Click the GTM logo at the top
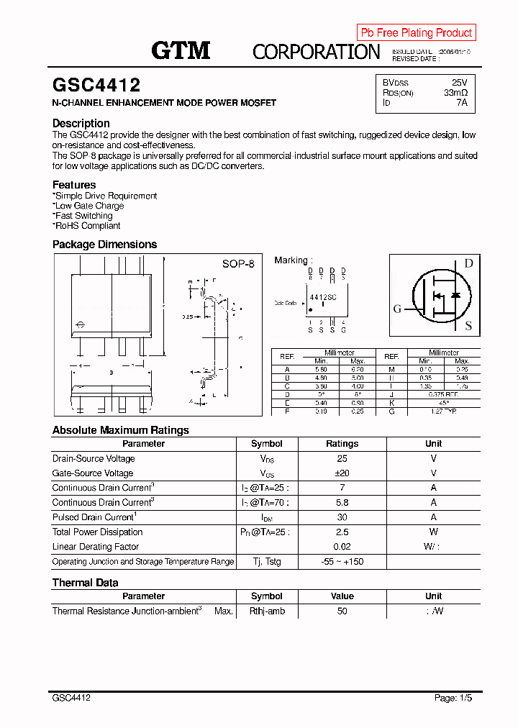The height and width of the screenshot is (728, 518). coord(181,50)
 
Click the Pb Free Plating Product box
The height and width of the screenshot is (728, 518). coord(416,32)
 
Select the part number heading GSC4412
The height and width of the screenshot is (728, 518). coord(96,86)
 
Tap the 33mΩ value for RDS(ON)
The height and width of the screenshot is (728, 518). coord(455,93)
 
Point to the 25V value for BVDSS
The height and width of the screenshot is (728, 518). coord(459,83)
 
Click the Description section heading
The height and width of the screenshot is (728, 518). coord(81,123)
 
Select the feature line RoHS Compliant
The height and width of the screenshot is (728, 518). coord(87,226)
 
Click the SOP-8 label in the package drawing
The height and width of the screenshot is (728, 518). coord(238,264)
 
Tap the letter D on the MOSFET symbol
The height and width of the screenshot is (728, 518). coord(468,263)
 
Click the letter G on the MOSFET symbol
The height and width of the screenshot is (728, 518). coord(397,309)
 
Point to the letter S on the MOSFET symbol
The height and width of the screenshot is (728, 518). coord(468,326)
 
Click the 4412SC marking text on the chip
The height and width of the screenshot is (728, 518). coord(323,296)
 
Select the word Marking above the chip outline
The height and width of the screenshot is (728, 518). coord(291,260)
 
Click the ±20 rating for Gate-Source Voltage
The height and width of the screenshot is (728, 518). coord(342,473)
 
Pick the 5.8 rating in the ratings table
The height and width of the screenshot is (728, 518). coord(342,503)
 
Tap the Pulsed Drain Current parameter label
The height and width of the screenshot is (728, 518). coord(94,517)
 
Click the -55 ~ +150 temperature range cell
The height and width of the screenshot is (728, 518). coord(342,561)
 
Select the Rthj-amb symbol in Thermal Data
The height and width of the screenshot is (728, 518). coord(267,611)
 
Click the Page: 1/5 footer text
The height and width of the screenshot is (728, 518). coord(454,698)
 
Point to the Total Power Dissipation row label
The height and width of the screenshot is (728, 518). coord(97,532)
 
